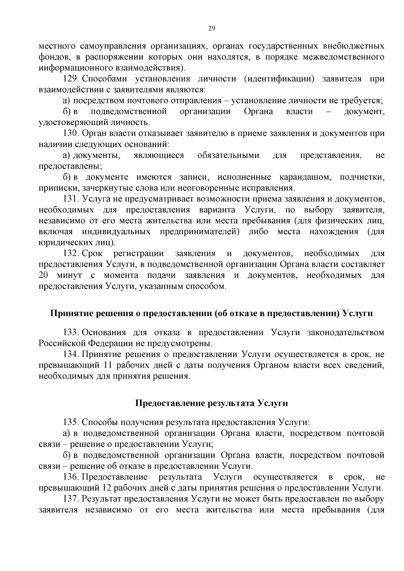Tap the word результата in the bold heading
pyautogui.click(x=231, y=403)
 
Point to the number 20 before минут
pyautogui.click(x=44, y=275)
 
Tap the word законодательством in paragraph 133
pyautogui.click(x=345, y=333)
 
